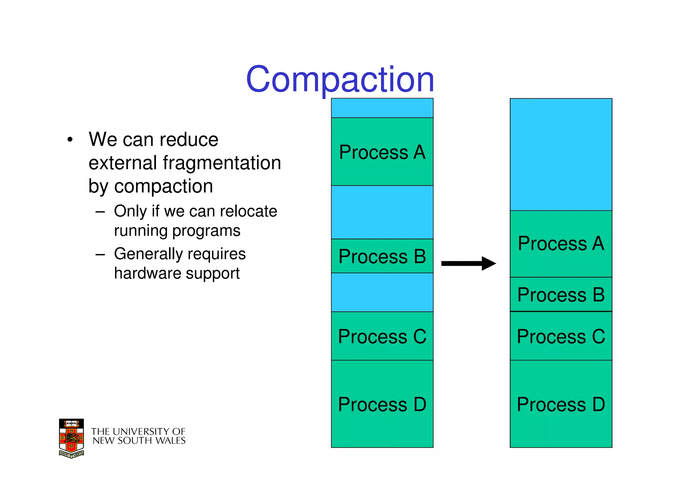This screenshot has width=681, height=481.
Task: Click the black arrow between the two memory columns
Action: point(468,263)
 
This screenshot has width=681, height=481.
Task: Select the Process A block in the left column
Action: point(382,152)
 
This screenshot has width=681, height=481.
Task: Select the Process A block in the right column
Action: point(561,243)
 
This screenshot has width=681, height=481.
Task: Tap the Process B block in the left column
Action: point(382,256)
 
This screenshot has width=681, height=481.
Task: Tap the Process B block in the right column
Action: point(561,295)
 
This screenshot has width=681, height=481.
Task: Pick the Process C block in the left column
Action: point(382,336)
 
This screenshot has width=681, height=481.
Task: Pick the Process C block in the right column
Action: point(561,336)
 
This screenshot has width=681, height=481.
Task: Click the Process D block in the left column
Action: point(382,404)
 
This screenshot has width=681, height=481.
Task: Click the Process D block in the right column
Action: point(561,404)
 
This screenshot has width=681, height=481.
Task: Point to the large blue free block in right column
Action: point(561,155)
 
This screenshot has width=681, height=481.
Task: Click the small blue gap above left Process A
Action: point(382,108)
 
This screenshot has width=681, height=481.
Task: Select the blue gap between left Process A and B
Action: point(382,212)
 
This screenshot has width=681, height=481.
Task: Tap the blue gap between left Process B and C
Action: point(382,292)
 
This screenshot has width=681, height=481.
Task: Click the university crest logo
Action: point(71,438)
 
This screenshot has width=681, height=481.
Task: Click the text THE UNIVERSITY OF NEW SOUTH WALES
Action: point(138,436)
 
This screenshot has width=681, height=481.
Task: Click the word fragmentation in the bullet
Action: point(222,163)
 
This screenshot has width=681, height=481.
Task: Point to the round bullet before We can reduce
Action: point(69,140)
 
